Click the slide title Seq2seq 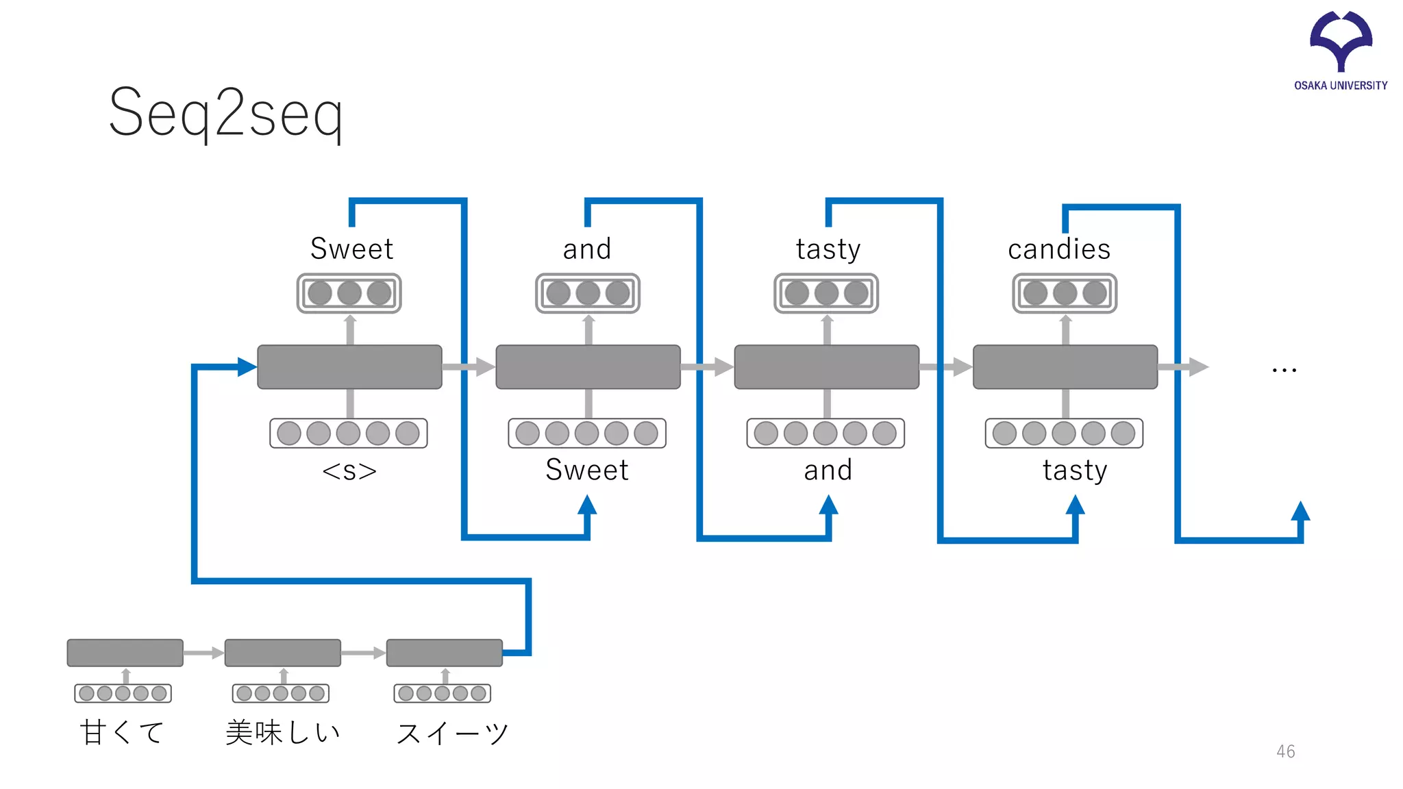pos(226,114)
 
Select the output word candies pos(1059,249)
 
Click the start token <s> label pos(349,471)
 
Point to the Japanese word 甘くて pos(122,732)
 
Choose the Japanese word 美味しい pos(283,732)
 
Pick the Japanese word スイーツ pos(452,734)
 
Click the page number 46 pos(1285,751)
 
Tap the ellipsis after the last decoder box pos(1284,370)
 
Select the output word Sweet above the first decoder pos(351,249)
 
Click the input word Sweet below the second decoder pos(587,471)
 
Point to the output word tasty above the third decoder pos(828,249)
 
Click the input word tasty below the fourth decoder pos(1075,471)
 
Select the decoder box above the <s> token pos(349,367)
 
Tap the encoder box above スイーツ pos(444,653)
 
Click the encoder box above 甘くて pos(125,653)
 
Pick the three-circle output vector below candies pos(1065,293)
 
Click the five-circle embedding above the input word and pos(825,433)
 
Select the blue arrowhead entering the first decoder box pos(247,367)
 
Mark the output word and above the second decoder pos(587,249)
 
